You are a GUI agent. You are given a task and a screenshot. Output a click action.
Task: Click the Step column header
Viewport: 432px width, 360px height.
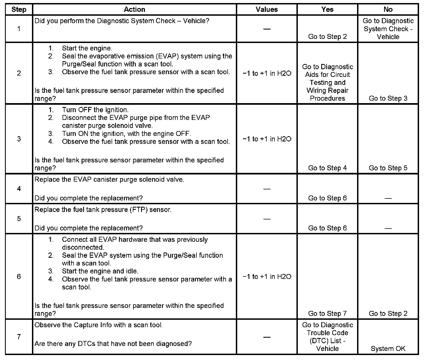tap(19, 10)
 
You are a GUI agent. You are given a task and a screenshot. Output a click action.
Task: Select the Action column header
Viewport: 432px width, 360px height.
tap(134, 10)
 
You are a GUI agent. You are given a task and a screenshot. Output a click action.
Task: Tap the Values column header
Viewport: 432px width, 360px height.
tap(267, 10)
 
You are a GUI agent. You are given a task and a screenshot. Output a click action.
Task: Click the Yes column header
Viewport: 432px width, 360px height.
tap(327, 10)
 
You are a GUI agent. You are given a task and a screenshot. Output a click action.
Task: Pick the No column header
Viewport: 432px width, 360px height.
tap(388, 10)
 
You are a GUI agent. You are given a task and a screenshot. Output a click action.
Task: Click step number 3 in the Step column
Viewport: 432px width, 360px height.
tap(19, 139)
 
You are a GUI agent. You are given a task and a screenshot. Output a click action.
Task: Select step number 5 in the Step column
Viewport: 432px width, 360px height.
tap(19, 219)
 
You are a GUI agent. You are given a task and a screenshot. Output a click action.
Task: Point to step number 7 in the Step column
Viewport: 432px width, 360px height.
tap(19, 337)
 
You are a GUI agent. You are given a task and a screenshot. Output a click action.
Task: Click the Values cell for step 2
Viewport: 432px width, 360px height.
tap(267, 73)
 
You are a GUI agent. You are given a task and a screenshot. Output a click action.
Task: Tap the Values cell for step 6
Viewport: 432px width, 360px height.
tap(267, 276)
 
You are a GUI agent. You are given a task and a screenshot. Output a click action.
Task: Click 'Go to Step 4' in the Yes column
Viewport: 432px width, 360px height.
tap(327, 168)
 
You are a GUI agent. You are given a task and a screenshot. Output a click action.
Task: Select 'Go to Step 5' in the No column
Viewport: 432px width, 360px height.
tap(388, 168)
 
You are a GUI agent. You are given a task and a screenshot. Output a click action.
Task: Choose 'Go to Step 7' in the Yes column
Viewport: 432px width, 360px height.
tap(327, 313)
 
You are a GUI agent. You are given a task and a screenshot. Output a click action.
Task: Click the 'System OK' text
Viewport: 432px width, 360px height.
tap(388, 349)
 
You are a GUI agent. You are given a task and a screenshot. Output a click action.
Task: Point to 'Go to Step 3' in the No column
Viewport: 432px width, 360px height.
tap(388, 98)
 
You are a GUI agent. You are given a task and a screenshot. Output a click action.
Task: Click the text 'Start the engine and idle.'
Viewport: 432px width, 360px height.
tap(100, 271)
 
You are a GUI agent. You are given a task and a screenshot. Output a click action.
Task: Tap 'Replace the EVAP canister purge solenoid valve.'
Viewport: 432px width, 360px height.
tap(109, 179)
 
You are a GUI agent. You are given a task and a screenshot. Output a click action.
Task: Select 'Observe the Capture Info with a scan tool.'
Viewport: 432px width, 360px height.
tap(98, 325)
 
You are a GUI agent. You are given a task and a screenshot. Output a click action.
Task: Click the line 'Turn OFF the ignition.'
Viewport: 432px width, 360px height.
tap(95, 110)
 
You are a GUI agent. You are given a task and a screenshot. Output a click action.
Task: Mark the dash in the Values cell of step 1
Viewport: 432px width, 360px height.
tap(267, 29)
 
